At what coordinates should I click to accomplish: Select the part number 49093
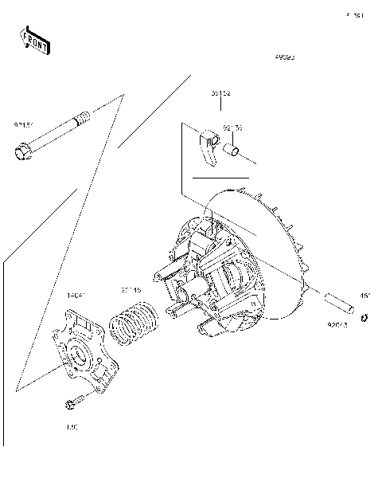(x=284, y=58)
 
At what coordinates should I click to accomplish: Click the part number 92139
(x=232, y=127)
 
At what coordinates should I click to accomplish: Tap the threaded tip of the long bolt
(x=82, y=121)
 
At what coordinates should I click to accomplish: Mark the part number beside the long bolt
(x=22, y=125)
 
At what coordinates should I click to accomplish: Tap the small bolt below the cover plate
(x=72, y=404)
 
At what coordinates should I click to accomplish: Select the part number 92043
(x=338, y=325)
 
